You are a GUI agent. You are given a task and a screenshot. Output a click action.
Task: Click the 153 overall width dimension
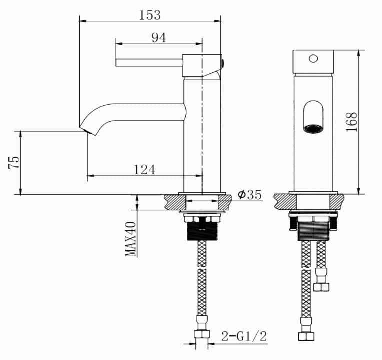tap(150, 15)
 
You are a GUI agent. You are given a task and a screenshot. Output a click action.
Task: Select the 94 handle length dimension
tap(158, 38)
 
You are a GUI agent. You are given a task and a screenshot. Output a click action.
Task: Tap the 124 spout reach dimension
tap(144, 170)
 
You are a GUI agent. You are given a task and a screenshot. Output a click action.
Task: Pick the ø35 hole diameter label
tap(250, 195)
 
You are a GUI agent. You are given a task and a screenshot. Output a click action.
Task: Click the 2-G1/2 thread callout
tap(244, 337)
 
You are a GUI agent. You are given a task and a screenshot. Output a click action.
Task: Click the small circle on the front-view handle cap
tap(313, 58)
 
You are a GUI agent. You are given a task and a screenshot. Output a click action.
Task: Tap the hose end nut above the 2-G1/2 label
tap(202, 334)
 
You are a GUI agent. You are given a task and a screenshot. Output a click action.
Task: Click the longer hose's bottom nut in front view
tap(303, 336)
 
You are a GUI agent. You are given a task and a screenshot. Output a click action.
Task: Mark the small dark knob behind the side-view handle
tap(223, 63)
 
